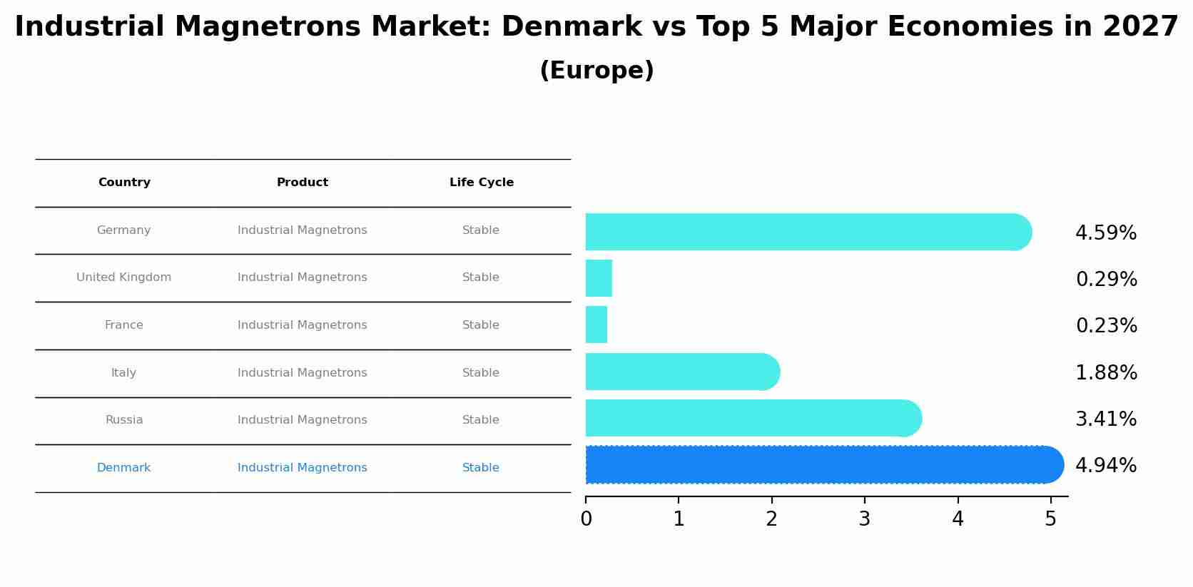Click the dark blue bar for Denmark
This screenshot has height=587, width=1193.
point(821,464)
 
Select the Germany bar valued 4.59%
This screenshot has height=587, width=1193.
point(806,232)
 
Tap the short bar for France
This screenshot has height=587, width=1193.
point(596,325)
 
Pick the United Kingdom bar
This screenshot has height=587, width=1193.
point(599,278)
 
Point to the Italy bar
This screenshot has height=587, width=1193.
point(681,372)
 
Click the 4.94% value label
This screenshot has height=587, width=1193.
point(1105,466)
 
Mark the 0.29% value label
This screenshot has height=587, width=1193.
point(1106,280)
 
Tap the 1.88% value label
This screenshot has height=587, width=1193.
point(1106,373)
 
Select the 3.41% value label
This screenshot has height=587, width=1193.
point(1105,419)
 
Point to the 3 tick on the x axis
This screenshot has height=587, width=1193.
point(864,519)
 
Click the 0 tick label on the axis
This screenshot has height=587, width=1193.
point(586,519)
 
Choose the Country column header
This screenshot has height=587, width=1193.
point(124,183)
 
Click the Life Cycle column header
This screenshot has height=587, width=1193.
point(481,183)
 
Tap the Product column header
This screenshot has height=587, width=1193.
point(302,183)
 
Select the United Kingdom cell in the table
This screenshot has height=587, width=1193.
point(123,277)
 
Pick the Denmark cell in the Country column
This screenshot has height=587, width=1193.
point(123,468)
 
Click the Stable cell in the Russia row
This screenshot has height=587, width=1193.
point(480,420)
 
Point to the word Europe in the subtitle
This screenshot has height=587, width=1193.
point(596,71)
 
